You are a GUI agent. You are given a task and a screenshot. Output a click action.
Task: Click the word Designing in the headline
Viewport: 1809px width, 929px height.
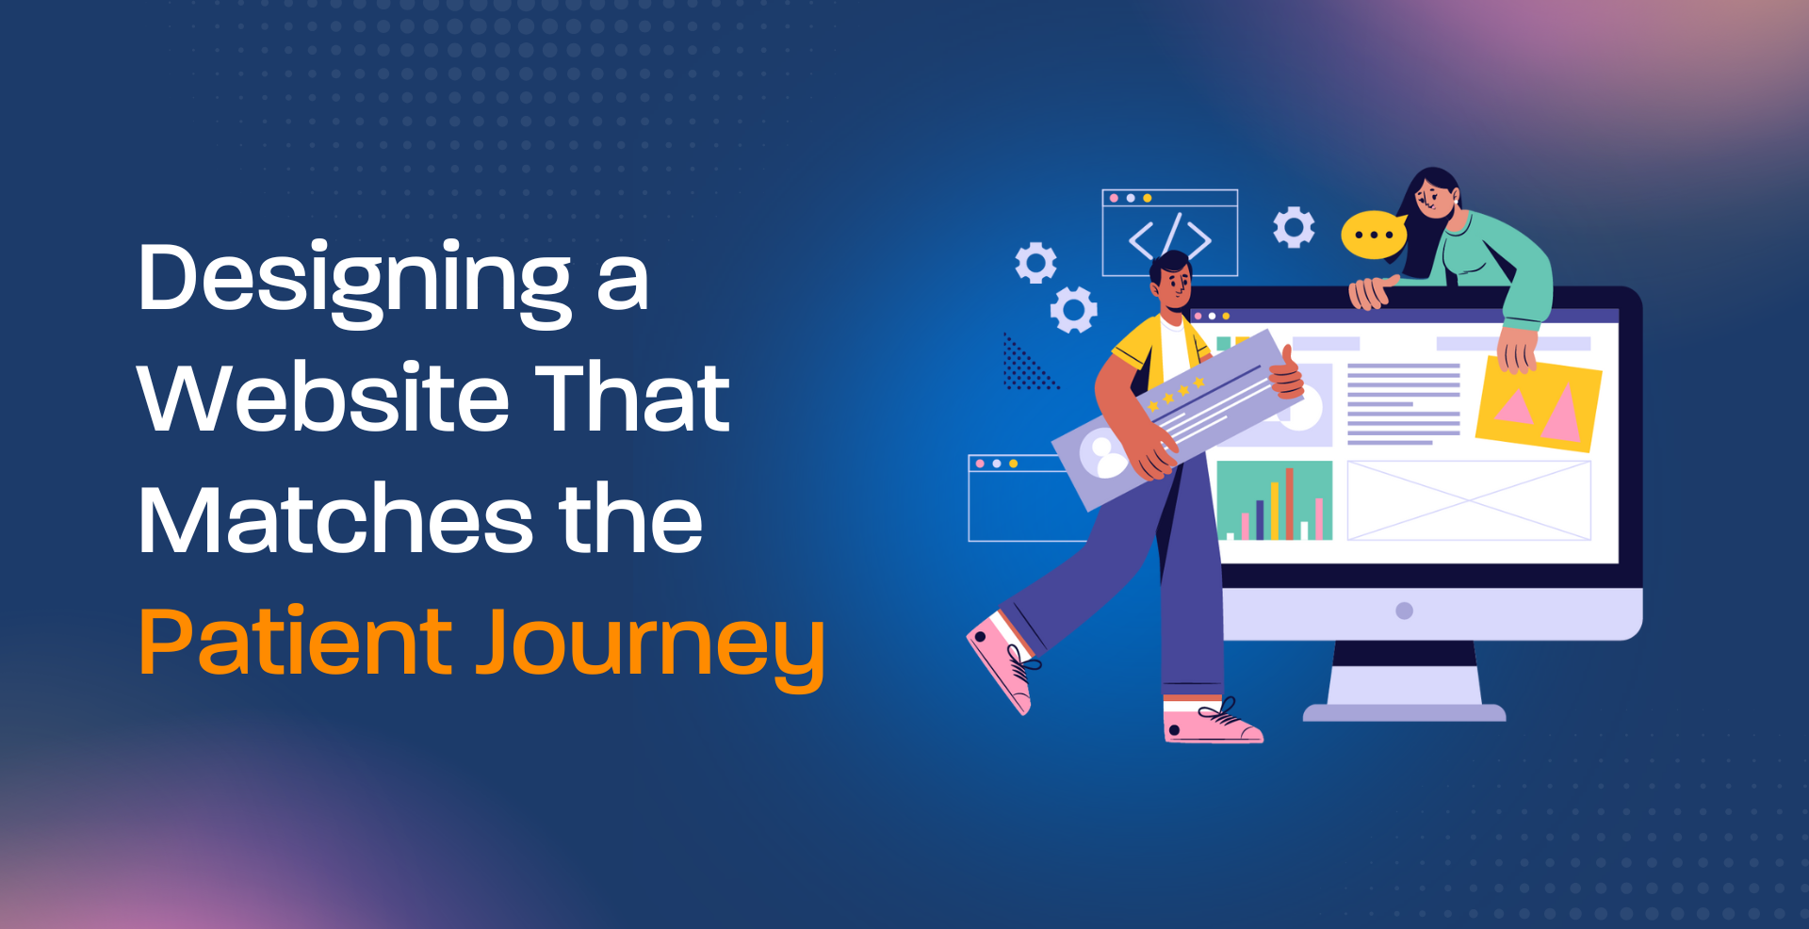coord(355,282)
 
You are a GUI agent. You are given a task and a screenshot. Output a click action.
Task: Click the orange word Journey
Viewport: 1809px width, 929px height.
coord(649,648)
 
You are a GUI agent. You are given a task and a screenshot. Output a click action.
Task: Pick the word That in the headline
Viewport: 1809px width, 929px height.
coord(633,398)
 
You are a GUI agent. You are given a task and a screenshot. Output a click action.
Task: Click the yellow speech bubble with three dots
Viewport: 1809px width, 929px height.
coord(1374,235)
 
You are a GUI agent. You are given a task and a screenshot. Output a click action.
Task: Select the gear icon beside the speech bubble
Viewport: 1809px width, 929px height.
coord(1294,227)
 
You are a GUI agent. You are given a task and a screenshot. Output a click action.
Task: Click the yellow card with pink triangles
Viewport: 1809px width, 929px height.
coord(1539,403)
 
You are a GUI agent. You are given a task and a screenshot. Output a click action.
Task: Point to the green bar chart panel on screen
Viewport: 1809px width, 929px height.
coord(1275,500)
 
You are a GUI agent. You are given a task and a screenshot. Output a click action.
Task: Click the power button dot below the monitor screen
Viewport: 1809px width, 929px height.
coord(1404,611)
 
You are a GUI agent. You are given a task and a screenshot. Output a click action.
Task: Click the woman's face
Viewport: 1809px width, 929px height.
coord(1433,198)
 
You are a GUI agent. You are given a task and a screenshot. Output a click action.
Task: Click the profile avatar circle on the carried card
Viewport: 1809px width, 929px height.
coord(1103,454)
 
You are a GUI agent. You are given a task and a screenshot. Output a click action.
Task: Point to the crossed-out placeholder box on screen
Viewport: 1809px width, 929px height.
coord(1469,500)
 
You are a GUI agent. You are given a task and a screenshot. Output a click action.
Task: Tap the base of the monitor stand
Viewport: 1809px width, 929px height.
coord(1404,712)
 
